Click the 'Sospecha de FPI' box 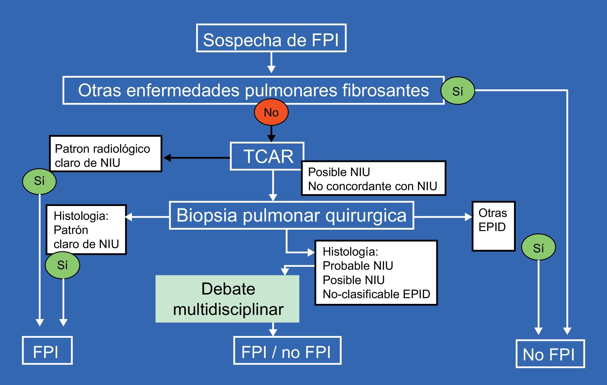(x=271, y=38)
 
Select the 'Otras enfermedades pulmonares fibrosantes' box (x=253, y=90)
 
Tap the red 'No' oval (x=271, y=112)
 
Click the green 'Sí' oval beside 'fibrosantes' (x=458, y=91)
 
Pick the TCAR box (x=267, y=156)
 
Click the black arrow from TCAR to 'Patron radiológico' (x=197, y=158)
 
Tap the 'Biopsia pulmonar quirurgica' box (x=291, y=215)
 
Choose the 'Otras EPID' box (x=493, y=226)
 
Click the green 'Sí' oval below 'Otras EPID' (x=538, y=247)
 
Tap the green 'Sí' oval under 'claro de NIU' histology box (x=63, y=265)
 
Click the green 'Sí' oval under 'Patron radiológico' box (x=39, y=181)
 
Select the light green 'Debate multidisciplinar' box (x=227, y=299)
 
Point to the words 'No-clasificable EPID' (x=376, y=294)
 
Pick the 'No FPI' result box (x=550, y=354)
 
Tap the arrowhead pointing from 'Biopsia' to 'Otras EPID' (x=468, y=217)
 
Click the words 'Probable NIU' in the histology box (x=358, y=266)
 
